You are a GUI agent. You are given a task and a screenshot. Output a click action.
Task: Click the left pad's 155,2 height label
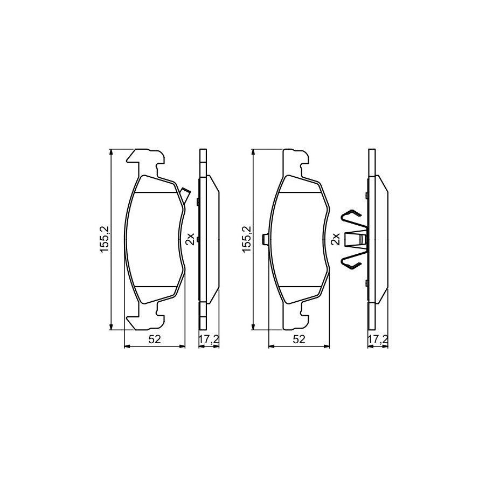[x=104, y=239]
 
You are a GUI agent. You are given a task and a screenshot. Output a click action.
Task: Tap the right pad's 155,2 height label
[x=247, y=239]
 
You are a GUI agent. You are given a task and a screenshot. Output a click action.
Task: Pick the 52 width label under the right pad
[x=300, y=339]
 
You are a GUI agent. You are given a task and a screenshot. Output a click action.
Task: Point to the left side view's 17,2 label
[x=209, y=339]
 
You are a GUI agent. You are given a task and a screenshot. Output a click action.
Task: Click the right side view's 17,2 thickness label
[x=378, y=339]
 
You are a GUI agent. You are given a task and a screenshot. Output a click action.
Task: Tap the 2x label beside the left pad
[x=190, y=239]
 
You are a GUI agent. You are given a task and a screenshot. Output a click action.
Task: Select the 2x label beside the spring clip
[x=335, y=239]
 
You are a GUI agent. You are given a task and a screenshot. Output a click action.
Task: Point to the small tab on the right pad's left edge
[x=265, y=239]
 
